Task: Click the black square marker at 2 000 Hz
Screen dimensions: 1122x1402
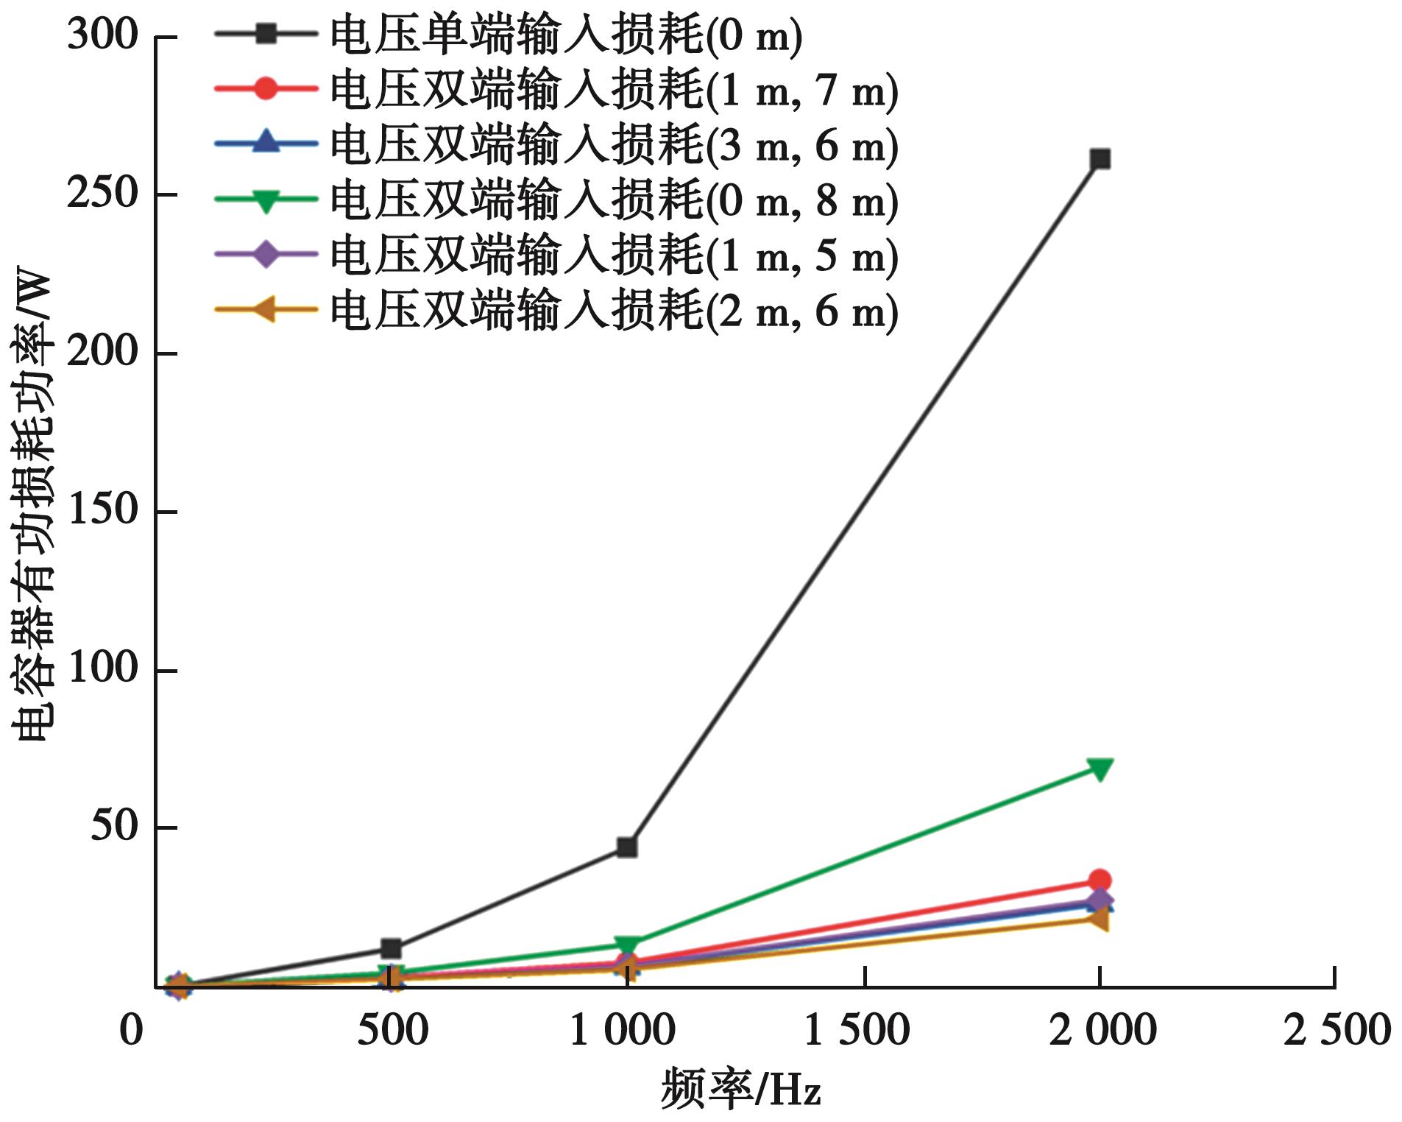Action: point(1100,159)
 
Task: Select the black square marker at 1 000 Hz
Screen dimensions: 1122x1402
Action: point(626,847)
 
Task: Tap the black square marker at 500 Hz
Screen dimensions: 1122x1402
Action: point(391,948)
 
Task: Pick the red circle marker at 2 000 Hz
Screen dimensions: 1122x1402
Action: point(1100,880)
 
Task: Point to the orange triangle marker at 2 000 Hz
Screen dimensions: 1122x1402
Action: point(1098,918)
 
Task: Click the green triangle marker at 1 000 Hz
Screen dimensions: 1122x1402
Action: point(626,945)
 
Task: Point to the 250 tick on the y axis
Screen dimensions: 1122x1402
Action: point(103,194)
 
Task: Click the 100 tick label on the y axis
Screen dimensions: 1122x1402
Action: point(103,668)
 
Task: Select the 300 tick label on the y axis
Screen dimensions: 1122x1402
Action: point(103,35)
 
